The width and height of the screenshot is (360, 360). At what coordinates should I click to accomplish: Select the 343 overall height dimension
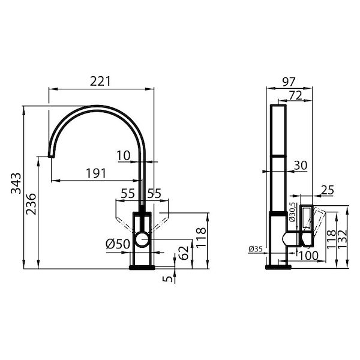(x=17, y=186)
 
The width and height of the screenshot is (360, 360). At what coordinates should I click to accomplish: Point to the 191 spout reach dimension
(x=95, y=173)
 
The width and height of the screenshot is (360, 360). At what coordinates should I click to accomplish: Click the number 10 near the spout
(x=124, y=155)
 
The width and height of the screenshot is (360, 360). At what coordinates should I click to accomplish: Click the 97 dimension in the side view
(x=289, y=81)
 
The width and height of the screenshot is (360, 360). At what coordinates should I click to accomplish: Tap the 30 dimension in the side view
(x=301, y=164)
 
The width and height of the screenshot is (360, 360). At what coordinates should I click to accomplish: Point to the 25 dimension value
(x=326, y=190)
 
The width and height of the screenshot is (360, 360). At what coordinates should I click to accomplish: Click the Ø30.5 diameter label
(x=292, y=213)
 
